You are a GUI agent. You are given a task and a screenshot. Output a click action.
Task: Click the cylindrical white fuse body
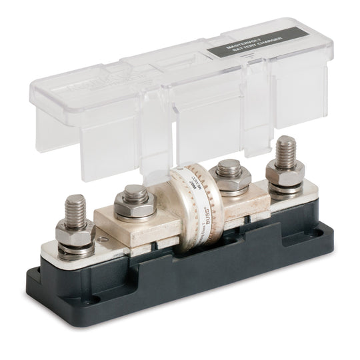click(x=193, y=200)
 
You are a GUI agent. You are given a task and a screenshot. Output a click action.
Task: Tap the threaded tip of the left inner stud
click(x=135, y=193)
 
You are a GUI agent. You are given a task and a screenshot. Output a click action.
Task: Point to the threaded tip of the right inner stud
click(x=229, y=165)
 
